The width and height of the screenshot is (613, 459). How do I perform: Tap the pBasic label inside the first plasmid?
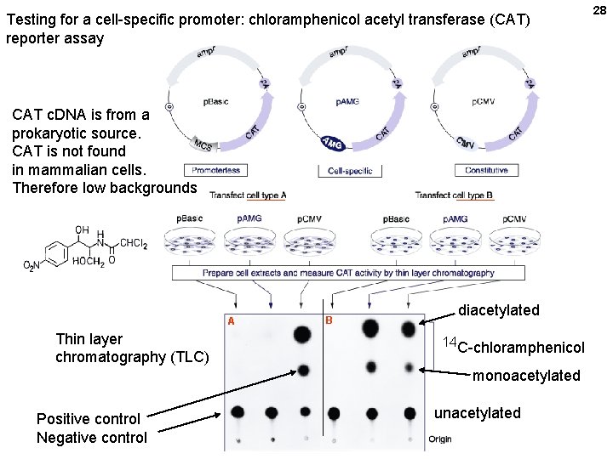click(x=215, y=102)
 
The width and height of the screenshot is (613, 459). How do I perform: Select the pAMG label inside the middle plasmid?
click(x=347, y=102)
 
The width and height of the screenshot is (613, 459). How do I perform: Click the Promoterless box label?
click(x=215, y=170)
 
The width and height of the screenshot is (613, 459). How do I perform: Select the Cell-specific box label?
click(x=350, y=170)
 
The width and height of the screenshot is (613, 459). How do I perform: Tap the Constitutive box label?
click(x=486, y=170)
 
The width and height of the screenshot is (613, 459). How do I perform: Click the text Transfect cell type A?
click(x=248, y=195)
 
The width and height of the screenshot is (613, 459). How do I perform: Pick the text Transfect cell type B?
click(x=454, y=195)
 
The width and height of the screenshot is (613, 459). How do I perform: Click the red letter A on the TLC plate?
click(x=231, y=321)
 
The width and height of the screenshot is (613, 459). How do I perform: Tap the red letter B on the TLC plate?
click(x=329, y=320)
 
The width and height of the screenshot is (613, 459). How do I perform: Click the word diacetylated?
click(x=499, y=310)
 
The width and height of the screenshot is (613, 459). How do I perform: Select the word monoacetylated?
click(x=526, y=376)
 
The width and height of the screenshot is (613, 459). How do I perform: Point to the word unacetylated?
click(x=477, y=413)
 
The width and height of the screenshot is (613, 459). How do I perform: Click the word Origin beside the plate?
click(x=439, y=439)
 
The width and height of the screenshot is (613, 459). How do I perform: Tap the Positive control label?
click(x=89, y=419)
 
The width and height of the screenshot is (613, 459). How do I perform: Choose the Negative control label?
click(x=91, y=438)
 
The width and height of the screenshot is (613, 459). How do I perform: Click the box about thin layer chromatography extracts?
click(x=348, y=273)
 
